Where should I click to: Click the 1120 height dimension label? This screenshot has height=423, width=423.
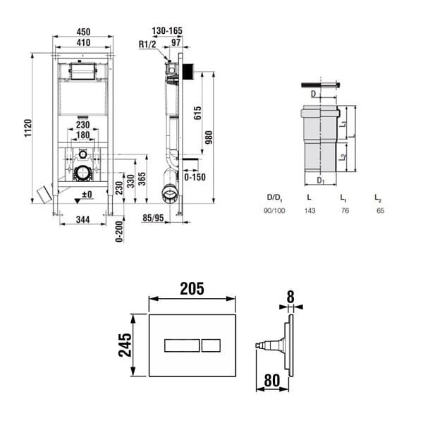pyautogui.click(x=28, y=128)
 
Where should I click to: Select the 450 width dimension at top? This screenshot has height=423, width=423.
pyautogui.click(x=83, y=32)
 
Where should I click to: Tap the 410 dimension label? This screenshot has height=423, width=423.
pyautogui.click(x=83, y=42)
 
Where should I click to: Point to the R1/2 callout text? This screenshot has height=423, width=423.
pyautogui.click(x=147, y=44)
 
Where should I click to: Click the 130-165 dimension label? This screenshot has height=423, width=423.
pyautogui.click(x=167, y=31)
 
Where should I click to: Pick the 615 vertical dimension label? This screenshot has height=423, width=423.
pyautogui.click(x=197, y=113)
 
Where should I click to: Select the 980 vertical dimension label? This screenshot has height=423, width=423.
pyautogui.click(x=209, y=137)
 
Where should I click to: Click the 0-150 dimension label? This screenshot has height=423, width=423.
pyautogui.click(x=195, y=177)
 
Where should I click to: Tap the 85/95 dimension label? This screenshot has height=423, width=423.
pyautogui.click(x=153, y=218)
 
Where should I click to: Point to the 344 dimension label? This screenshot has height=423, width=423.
pyautogui.click(x=82, y=219)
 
